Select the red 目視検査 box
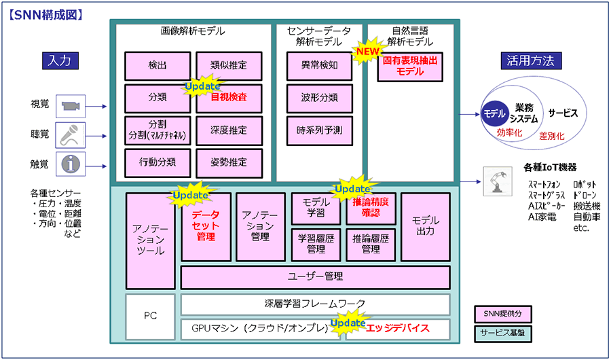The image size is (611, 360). pos(229,98)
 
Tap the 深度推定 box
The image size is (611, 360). pos(229,130)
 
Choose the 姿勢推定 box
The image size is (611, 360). pos(229,162)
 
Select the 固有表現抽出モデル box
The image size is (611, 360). pos(410,67)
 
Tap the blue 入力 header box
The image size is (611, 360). pos(59,60)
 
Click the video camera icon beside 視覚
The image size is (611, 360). pos(70,106)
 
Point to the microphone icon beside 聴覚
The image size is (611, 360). pos(70,135)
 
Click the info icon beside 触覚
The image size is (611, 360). pos(70,164)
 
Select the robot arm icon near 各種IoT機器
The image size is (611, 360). pos(498,182)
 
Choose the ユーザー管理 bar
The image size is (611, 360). pos(316,277)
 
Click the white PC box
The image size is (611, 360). pos(151,317)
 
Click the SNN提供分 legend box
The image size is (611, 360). pos(502,313)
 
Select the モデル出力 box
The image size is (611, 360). pos(426,227)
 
